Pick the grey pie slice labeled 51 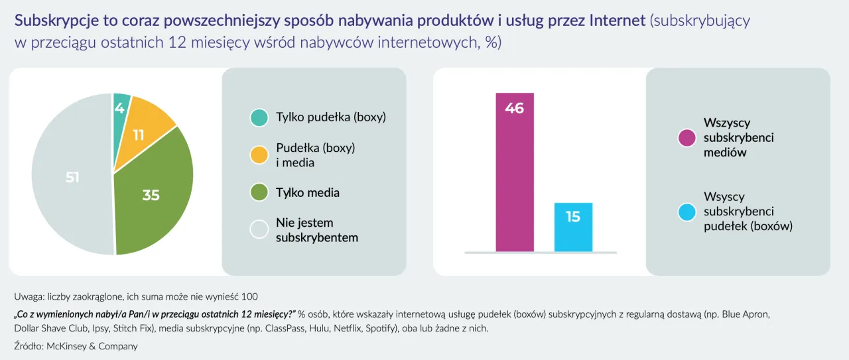coord(72,178)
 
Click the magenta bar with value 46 coord(514,172)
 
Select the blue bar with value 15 coord(573,227)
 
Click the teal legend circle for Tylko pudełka coord(259,118)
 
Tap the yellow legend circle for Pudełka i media coord(259,155)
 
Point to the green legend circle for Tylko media coord(259,193)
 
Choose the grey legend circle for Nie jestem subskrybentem coord(259,230)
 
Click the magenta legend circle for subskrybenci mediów coord(686,138)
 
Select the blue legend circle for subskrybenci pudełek coord(686,212)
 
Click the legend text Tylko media coord(308,193)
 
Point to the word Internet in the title coord(617,21)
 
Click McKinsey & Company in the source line coord(92,345)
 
